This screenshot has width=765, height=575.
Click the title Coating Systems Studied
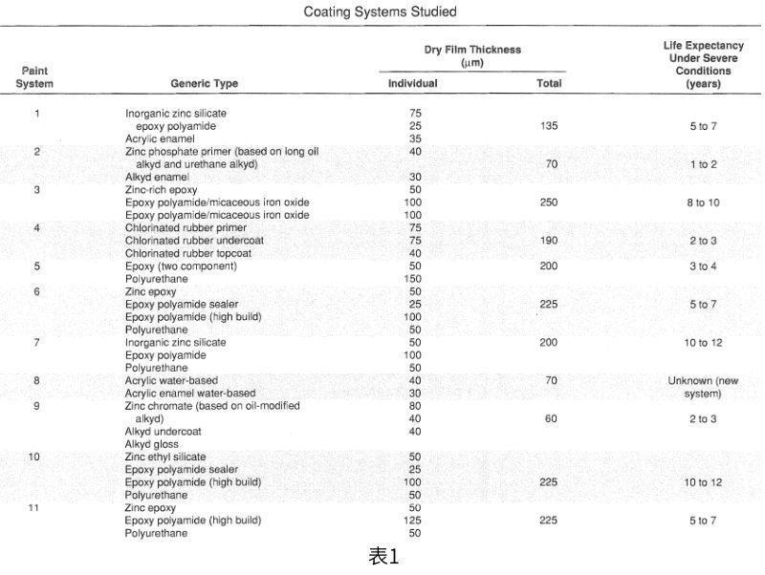pos(380,12)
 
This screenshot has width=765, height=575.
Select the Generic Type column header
pos(205,84)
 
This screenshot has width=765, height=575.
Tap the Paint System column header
pos(34,77)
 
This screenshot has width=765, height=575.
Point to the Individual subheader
pos(412,84)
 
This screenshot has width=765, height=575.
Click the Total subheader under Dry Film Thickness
pos(549,84)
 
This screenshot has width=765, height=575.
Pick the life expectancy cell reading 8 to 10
pos(703,202)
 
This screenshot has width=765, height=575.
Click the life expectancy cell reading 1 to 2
pos(703,164)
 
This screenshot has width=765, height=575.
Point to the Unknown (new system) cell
pos(704,387)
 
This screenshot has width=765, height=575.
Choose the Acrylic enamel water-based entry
pos(189,394)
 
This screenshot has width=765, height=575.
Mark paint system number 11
pos(34,508)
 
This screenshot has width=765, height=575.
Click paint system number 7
pos(36,342)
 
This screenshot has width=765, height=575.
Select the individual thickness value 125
pos(414,521)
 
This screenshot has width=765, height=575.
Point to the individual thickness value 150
pos(414,279)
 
